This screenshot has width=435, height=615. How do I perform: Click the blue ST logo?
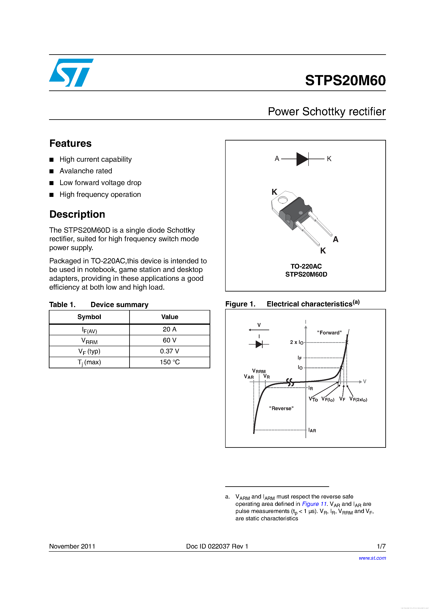[71, 73]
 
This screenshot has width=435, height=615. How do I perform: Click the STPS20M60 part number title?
[345, 80]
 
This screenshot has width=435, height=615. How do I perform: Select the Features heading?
[71, 144]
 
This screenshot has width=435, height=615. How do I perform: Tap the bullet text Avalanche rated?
[86, 171]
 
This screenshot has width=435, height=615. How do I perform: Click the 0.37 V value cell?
[169, 351]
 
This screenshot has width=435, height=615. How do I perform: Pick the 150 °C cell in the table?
[169, 362]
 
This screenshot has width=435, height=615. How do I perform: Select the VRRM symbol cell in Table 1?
[89, 341]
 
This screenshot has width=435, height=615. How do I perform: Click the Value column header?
[169, 317]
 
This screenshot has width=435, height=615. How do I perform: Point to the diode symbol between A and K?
[303, 159]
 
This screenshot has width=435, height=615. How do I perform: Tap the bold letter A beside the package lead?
[336, 240]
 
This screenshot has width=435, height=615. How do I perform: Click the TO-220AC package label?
[306, 266]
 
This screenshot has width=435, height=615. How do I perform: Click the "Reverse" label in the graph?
[281, 408]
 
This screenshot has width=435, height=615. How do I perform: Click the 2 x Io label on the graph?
[297, 342]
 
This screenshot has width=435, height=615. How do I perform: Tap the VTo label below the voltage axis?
[313, 399]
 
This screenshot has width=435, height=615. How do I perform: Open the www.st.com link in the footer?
[372, 558]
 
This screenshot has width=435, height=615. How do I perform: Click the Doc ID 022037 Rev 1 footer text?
[217, 546]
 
